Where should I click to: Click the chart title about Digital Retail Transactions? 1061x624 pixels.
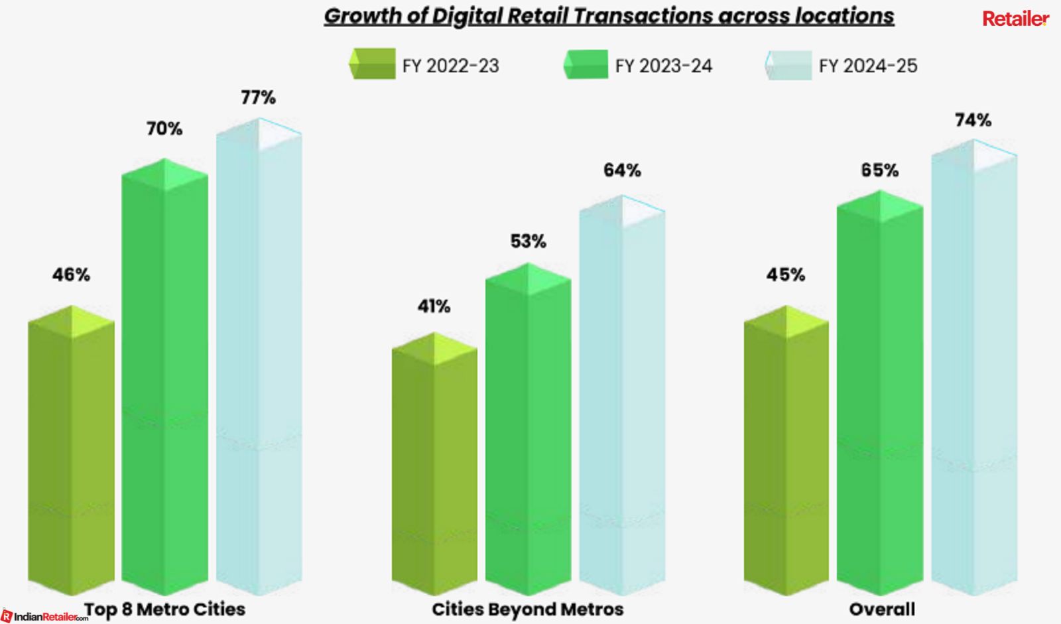click(x=609, y=17)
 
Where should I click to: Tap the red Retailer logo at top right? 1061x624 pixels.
click(x=1015, y=19)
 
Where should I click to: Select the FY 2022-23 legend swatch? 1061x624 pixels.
click(x=373, y=64)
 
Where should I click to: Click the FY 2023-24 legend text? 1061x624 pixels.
click(x=663, y=66)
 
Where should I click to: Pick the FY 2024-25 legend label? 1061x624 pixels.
click(x=867, y=66)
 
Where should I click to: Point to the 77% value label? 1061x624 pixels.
click(x=258, y=97)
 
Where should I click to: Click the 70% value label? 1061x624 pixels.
click(x=164, y=128)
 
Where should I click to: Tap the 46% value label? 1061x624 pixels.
click(x=71, y=275)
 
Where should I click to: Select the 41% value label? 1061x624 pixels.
click(x=434, y=306)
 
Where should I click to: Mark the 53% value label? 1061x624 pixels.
click(x=528, y=241)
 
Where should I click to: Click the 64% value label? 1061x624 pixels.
click(x=622, y=170)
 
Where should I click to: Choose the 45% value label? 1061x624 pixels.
click(x=786, y=275)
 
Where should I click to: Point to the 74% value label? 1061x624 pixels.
click(x=973, y=120)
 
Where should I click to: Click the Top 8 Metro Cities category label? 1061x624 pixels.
click(x=164, y=609)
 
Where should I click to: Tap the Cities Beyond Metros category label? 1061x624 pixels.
click(x=527, y=609)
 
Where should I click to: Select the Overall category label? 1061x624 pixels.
click(x=881, y=609)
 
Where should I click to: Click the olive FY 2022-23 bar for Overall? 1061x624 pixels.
click(x=786, y=458)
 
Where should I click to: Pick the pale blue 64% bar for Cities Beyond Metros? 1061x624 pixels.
click(x=622, y=398)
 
